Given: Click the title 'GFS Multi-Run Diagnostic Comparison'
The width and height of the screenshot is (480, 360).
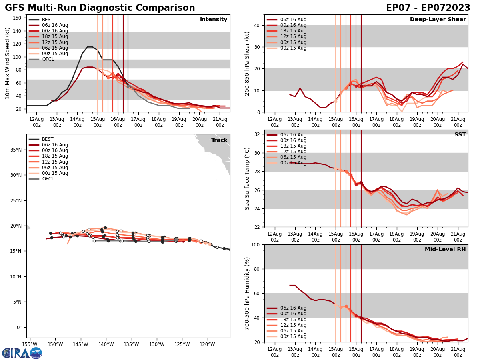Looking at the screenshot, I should pos(100,8).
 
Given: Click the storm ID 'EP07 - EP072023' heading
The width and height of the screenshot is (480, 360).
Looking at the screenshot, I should pos(428,8).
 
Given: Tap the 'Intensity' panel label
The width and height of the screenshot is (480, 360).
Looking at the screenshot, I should pos(214,20).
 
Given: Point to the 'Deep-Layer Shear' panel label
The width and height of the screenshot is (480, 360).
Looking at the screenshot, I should pos(438,20).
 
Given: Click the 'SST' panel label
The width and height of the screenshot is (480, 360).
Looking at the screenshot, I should pos(460,135).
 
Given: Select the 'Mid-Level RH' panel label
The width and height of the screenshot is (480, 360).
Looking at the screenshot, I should pos(445,250).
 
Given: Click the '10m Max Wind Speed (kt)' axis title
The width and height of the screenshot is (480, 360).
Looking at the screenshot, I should pos(8,63).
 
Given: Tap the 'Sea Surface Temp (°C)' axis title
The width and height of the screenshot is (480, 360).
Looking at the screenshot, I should pos(248,178).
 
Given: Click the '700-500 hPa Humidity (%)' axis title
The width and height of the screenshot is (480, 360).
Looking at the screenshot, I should pos(248,293).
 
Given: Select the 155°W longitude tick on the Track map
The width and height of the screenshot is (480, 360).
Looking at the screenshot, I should pos(30,344).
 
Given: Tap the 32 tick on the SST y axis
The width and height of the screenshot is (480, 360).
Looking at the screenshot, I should pos(257,134).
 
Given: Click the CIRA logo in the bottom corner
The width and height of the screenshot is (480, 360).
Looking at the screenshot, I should pos(22,353).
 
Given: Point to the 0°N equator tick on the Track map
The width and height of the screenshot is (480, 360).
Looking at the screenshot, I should pos(19,328).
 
